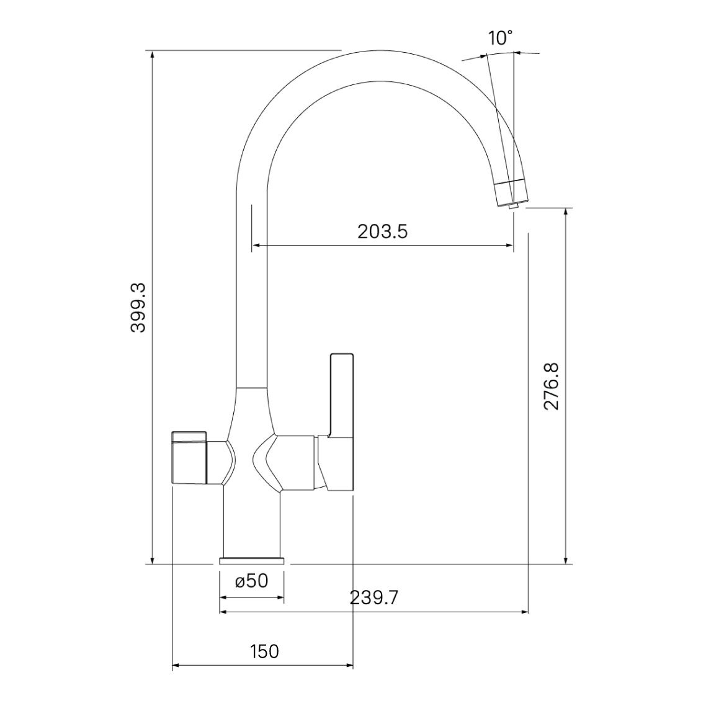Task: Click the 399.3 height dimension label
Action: coord(138,308)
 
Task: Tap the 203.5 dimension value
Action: coord(382,231)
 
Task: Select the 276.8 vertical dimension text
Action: coord(551,386)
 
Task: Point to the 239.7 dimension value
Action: coord(373,598)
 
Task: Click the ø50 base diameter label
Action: coord(252,581)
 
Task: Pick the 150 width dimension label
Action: coord(265,651)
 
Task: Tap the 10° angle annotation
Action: coord(501,38)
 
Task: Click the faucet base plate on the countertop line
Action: coord(252,561)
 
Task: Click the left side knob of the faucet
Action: coord(189,457)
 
